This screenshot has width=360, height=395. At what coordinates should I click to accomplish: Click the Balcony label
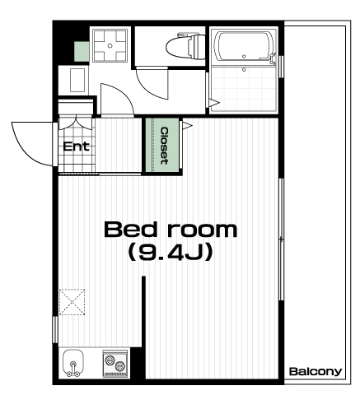click(316, 372)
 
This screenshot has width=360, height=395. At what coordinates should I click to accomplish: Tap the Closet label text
click(164, 146)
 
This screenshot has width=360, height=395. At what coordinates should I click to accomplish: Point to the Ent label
click(77, 146)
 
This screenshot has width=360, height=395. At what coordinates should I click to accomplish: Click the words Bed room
click(171, 230)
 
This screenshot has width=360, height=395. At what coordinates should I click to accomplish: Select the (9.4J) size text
click(171, 252)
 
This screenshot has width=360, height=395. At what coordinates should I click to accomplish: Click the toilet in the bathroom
click(186, 46)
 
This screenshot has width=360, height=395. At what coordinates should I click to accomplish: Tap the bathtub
click(245, 47)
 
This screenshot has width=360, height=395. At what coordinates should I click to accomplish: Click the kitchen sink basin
click(72, 363)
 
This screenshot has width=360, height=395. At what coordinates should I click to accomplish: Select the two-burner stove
click(115, 364)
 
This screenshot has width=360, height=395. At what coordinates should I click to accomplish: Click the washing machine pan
click(110, 45)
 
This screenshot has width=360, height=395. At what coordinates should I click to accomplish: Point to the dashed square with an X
click(72, 302)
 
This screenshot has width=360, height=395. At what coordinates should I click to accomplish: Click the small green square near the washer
click(82, 52)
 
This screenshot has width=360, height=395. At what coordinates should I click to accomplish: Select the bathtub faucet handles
click(273, 58)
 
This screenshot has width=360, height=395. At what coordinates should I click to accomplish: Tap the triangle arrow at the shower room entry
click(214, 103)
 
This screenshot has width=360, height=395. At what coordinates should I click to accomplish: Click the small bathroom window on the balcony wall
click(281, 67)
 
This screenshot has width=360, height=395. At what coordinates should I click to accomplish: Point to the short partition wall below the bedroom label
click(143, 311)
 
